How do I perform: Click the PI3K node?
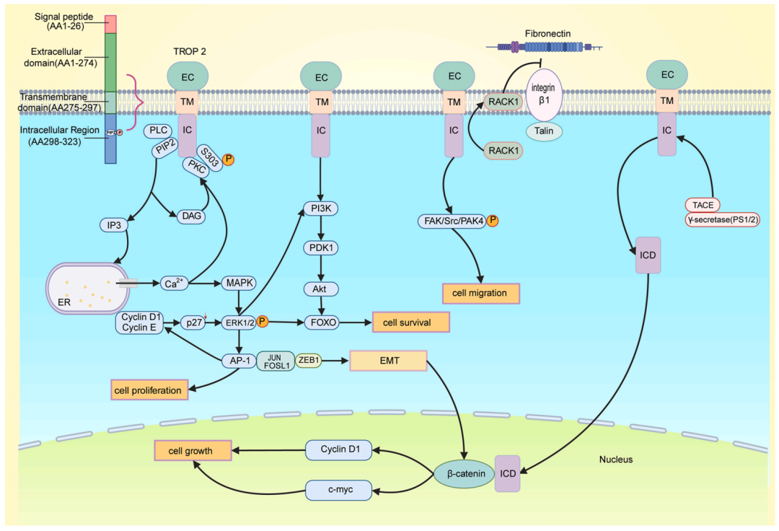pyautogui.click(x=319, y=209)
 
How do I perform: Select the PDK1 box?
pyautogui.click(x=319, y=249)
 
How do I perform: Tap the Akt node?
pyautogui.click(x=319, y=289)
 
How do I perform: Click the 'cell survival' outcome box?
pyautogui.click(x=410, y=322)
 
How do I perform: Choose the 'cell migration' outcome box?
pyautogui.click(x=480, y=293)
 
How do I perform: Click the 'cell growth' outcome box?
pyautogui.click(x=190, y=451)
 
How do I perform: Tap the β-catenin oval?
pyautogui.click(x=465, y=474)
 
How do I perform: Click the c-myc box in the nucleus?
pyautogui.click(x=339, y=491)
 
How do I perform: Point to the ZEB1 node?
pyautogui.click(x=308, y=360)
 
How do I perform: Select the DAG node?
pyautogui.click(x=193, y=216)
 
